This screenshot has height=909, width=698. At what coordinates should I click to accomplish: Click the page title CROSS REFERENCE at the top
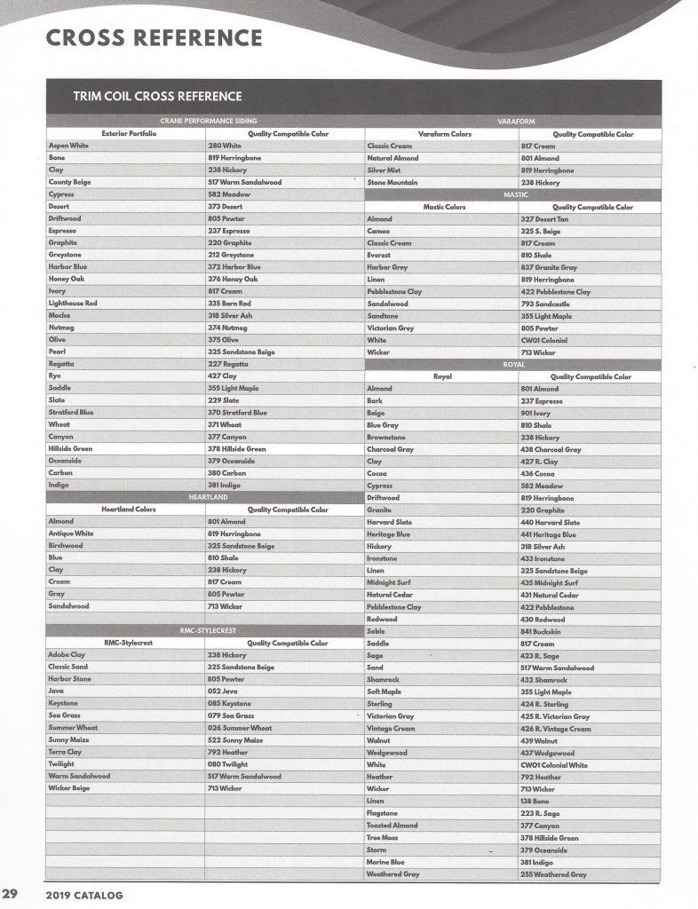click(154, 38)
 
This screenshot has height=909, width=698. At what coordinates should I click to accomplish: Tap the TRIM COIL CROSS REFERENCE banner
click(157, 96)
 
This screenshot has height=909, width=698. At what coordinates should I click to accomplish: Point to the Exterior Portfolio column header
click(129, 132)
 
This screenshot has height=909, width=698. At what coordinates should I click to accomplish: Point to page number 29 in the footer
click(10, 893)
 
